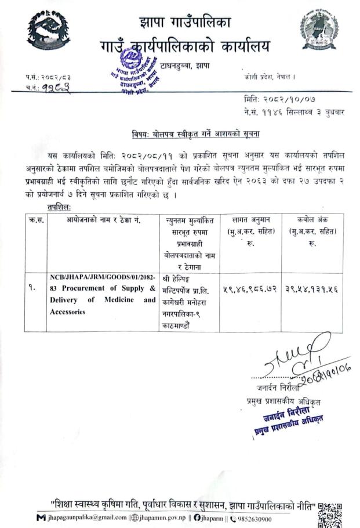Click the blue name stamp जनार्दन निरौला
285,418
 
